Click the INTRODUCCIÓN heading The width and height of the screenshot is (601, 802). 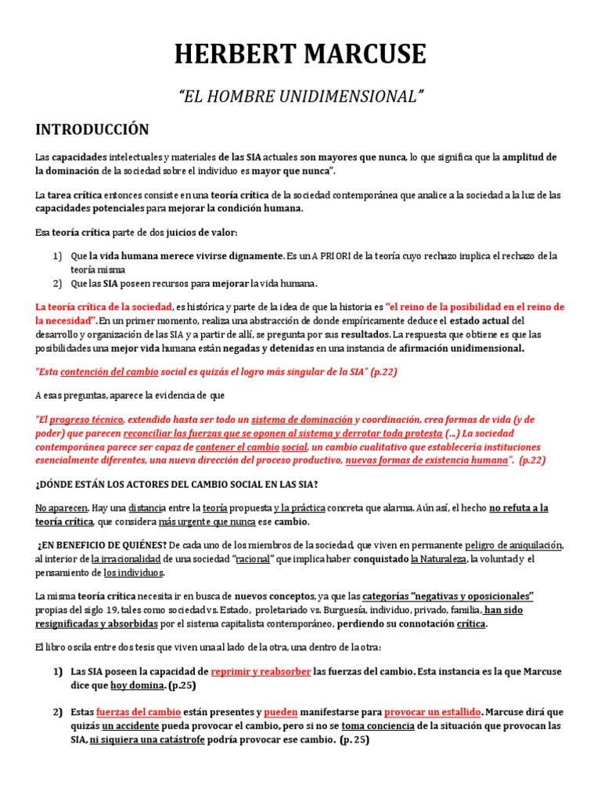coord(92,129)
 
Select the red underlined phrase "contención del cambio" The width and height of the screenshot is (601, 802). coord(109,371)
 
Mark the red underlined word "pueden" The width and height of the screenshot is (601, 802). coord(280,712)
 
